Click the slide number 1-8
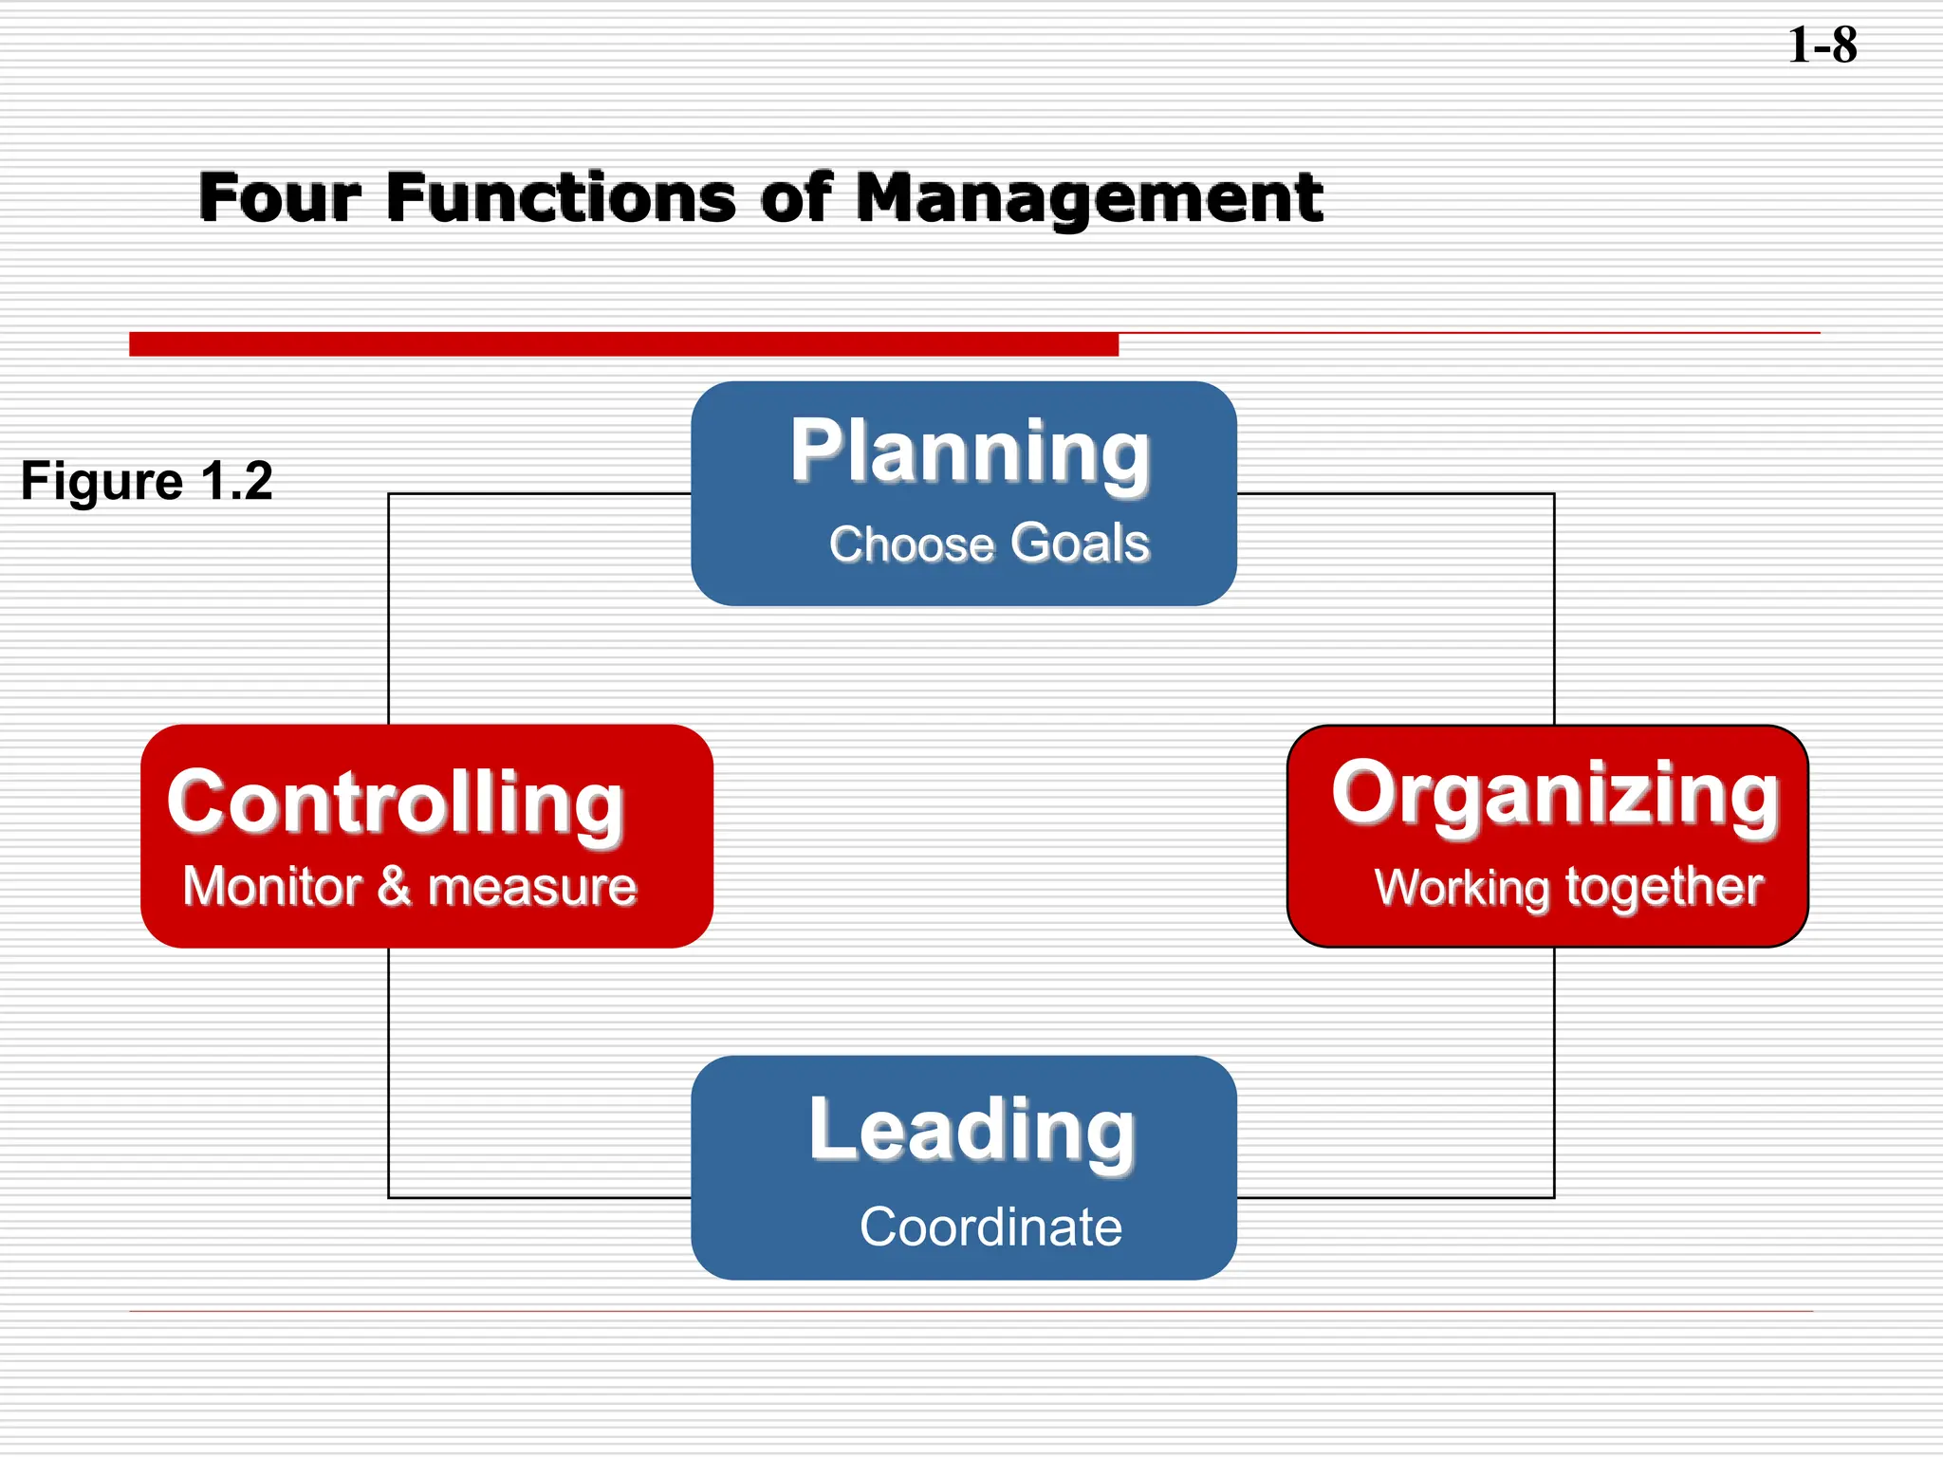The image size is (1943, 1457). pyautogui.click(x=1822, y=46)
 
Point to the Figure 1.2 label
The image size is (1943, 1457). pyautogui.click(x=147, y=481)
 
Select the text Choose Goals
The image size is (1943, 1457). pyautogui.click(x=989, y=544)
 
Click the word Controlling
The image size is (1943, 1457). pyautogui.click(x=396, y=802)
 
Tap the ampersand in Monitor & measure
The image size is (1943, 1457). pyautogui.click(x=394, y=887)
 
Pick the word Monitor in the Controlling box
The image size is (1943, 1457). pyautogui.click(x=273, y=887)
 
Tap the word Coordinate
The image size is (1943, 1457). pyautogui.click(x=990, y=1226)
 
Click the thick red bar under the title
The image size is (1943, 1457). pyautogui.click(x=623, y=343)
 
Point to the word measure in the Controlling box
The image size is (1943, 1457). pyautogui.click(x=532, y=888)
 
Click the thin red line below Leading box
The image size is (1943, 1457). pyautogui.click(x=970, y=1311)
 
